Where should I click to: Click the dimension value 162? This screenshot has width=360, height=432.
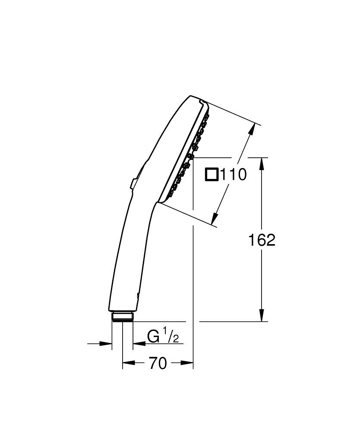[262, 240]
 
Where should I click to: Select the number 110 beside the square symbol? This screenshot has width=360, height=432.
[234, 175]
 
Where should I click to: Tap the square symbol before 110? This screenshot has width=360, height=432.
[212, 175]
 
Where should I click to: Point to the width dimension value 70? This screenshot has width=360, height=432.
[158, 364]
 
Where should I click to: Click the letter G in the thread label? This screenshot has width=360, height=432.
[153, 336]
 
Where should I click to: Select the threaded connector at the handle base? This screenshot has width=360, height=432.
[123, 317]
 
